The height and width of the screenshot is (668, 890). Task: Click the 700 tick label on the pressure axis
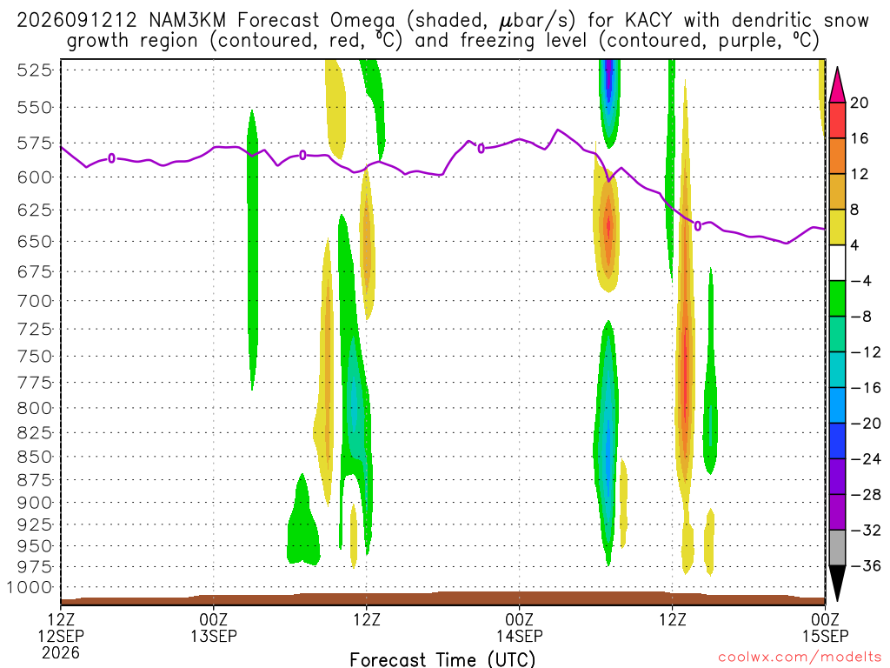point(34,301)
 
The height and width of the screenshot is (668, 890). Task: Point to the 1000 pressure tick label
point(30,587)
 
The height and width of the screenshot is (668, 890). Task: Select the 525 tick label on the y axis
point(34,70)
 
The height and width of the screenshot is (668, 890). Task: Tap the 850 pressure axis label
point(34,457)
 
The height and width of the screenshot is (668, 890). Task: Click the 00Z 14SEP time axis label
point(520,627)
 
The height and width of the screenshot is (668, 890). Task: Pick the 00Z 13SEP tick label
point(214,627)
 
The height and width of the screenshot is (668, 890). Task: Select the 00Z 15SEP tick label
point(825,627)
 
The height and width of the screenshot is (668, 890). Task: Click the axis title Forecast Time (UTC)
point(442,659)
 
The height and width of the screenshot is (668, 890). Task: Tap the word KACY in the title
point(648,21)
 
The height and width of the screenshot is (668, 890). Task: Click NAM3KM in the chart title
point(187,21)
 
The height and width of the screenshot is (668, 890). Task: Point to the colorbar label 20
point(859,103)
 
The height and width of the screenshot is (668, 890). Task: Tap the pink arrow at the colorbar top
point(837,86)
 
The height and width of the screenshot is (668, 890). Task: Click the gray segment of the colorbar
point(837,548)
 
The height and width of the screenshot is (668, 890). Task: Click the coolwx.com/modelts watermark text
point(800,657)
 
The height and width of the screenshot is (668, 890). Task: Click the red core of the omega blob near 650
point(608,226)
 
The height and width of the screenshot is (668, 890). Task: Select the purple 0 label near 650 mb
point(698,226)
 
